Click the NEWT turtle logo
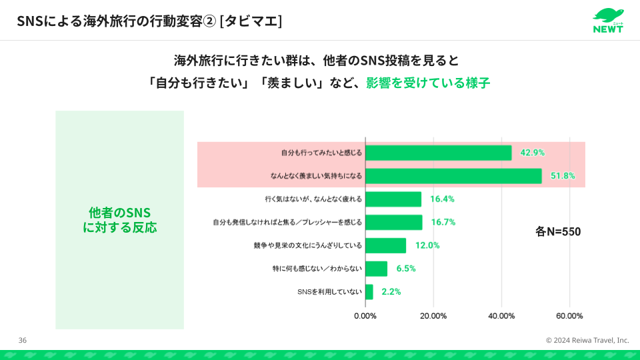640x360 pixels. [x=607, y=20]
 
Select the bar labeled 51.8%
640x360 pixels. [x=453, y=176]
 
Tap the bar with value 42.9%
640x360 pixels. [x=438, y=153]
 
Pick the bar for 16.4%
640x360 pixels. [x=393, y=199]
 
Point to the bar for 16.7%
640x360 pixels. [x=394, y=222]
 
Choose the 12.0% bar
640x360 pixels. [x=386, y=245]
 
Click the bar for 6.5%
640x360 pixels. [x=377, y=268]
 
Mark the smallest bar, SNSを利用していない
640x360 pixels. [x=369, y=291]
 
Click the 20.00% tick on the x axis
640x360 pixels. [x=433, y=315]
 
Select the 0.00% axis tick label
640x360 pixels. [x=365, y=315]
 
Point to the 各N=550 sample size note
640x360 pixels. [x=558, y=232]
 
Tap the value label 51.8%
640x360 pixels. [x=561, y=176]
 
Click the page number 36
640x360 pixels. [x=23, y=340]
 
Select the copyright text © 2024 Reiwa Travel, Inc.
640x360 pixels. [x=587, y=340]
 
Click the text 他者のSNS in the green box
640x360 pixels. [x=119, y=212]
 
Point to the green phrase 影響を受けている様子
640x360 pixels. [x=428, y=83]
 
